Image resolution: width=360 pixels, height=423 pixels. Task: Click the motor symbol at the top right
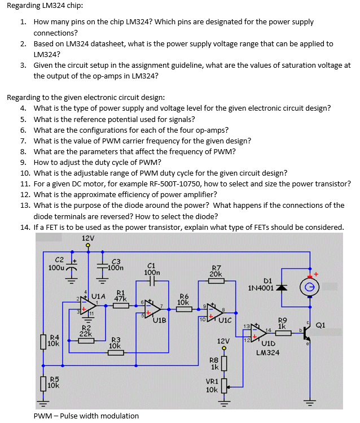pyautogui.click(x=310, y=287)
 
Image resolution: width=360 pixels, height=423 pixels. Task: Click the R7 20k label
pyautogui.click(x=216, y=271)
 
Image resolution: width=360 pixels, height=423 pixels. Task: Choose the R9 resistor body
pyautogui.click(x=283, y=334)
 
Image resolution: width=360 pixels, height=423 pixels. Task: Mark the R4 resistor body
pyautogui.click(x=43, y=342)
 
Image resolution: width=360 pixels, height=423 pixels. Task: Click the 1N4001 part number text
pyautogui.click(x=260, y=287)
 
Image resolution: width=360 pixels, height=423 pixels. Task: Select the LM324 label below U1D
pyautogui.click(x=267, y=352)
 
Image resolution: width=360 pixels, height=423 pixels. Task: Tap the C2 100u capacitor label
pyautogui.click(x=56, y=263)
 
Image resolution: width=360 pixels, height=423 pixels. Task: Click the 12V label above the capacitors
pyautogui.click(x=88, y=238)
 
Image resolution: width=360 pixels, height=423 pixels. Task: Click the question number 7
pyautogui.click(x=23, y=141)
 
